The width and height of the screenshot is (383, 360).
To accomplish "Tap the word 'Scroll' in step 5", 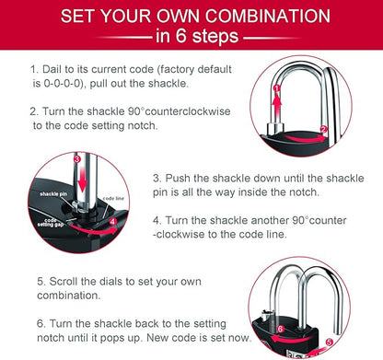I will [64, 281].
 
